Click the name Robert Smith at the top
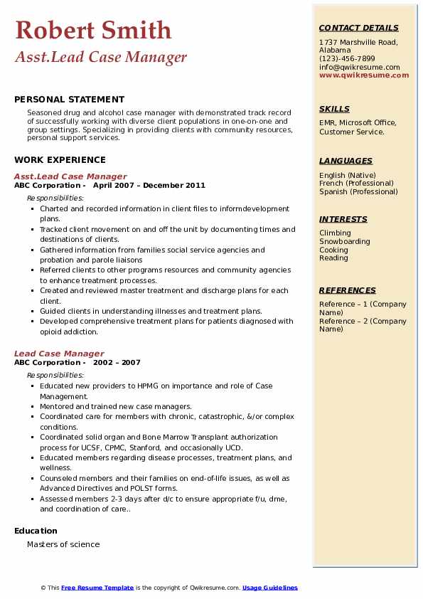(93, 30)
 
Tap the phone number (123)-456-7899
(347, 59)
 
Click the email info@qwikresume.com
(359, 67)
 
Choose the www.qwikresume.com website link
(364, 75)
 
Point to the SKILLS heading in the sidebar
(334, 109)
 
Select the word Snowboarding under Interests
(344, 241)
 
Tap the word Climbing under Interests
(335, 233)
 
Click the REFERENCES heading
(347, 290)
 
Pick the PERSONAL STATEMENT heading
(69, 100)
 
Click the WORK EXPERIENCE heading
(60, 160)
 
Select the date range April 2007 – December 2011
(149, 186)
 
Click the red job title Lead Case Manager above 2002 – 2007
(59, 354)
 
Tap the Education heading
(36, 531)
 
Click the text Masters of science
(63, 544)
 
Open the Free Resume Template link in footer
(97, 588)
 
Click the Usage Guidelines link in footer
(269, 588)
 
